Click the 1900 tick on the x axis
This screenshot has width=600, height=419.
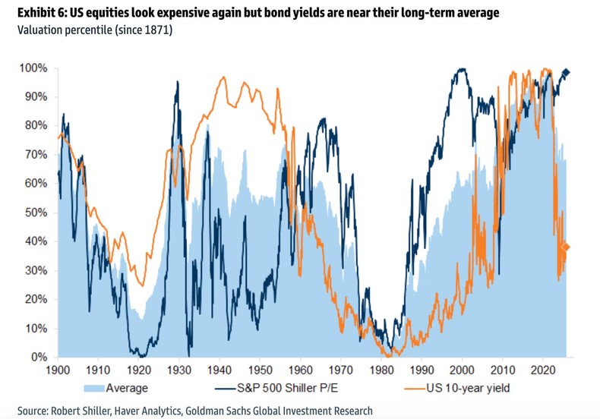point(58,371)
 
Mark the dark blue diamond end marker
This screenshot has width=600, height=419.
point(565,73)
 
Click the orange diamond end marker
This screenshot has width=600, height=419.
point(565,247)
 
